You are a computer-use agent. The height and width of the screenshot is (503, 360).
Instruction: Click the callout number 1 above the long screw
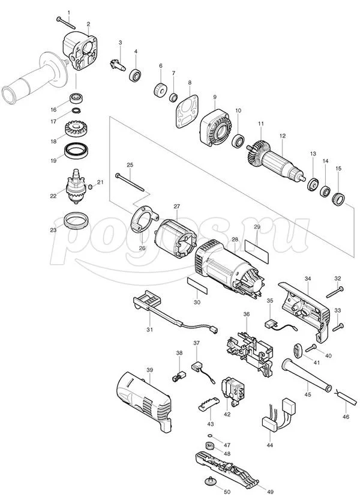[68, 13]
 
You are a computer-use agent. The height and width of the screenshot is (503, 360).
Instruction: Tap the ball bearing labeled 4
[136, 76]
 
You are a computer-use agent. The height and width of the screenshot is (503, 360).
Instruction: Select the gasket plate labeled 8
[187, 112]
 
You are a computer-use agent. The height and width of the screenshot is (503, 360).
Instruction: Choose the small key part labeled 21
[90, 187]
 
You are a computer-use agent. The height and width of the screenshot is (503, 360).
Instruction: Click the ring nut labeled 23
[76, 221]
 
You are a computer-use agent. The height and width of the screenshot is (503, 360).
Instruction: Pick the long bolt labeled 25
[130, 182]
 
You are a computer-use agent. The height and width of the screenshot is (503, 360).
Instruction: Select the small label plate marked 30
[197, 286]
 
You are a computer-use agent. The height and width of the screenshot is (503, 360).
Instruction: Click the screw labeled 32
[335, 292]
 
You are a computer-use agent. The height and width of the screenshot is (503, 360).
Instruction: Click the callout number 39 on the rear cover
[150, 370]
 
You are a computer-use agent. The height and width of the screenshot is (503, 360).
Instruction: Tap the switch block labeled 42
[233, 390]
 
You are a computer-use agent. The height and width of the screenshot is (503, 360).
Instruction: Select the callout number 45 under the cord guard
[307, 394]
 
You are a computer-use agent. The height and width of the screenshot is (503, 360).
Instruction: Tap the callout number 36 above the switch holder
[246, 314]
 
